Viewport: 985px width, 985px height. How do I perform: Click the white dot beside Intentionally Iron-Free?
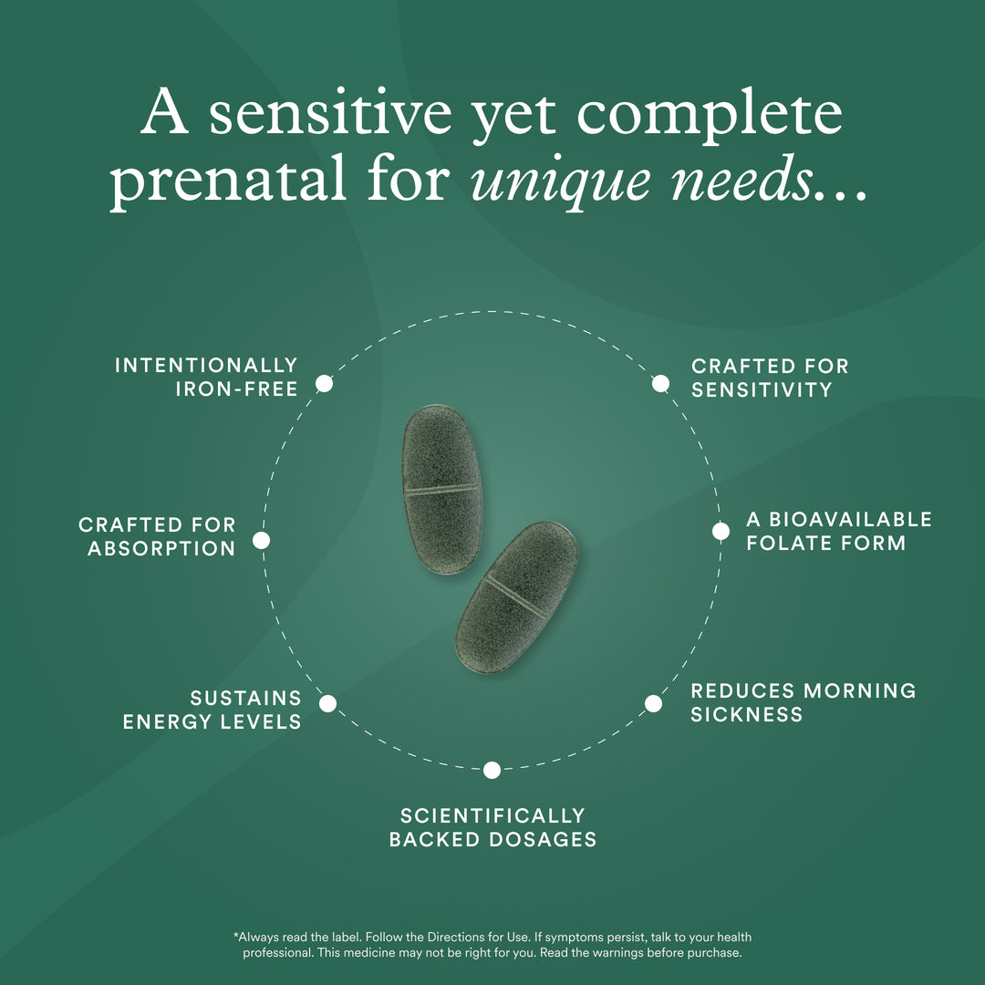point(324,384)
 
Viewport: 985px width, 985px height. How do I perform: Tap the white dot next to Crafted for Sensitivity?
point(660,383)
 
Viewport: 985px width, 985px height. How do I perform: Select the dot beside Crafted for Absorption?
point(261,541)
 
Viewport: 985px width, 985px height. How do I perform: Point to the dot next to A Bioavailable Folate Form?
point(721,531)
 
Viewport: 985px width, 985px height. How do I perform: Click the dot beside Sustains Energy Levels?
point(327,703)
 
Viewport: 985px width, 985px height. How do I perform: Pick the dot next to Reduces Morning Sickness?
point(653,703)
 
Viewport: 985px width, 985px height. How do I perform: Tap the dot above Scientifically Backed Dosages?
point(492,770)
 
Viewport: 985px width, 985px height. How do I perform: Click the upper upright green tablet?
point(442,490)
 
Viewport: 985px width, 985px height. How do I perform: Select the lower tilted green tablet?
point(516,597)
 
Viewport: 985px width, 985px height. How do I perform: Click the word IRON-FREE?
point(236,389)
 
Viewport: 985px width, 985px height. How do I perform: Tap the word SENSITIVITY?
point(762,389)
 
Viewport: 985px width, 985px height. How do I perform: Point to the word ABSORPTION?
point(161,549)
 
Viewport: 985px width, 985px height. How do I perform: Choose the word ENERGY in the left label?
point(160,721)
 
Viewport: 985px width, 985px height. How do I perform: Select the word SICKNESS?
point(746,714)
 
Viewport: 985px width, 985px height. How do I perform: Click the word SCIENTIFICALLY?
point(492,815)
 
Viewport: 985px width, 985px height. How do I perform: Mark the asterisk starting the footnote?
point(236,936)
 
